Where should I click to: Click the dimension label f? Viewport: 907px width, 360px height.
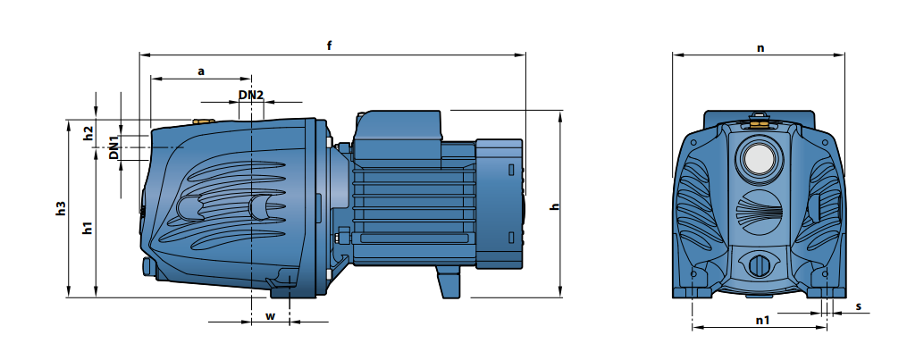point(329,46)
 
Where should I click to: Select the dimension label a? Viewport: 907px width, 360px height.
point(201,71)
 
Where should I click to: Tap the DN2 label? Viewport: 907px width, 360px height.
point(251,94)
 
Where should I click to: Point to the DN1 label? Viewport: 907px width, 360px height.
point(114,147)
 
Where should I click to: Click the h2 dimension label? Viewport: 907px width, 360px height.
point(88,133)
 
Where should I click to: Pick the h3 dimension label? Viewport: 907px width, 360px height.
point(62,209)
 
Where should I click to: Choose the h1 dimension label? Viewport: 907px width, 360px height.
point(88,227)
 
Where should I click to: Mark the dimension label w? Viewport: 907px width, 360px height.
point(270,316)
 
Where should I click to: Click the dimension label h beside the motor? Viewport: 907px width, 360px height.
point(555,206)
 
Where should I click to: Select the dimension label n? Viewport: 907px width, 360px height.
point(760,48)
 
